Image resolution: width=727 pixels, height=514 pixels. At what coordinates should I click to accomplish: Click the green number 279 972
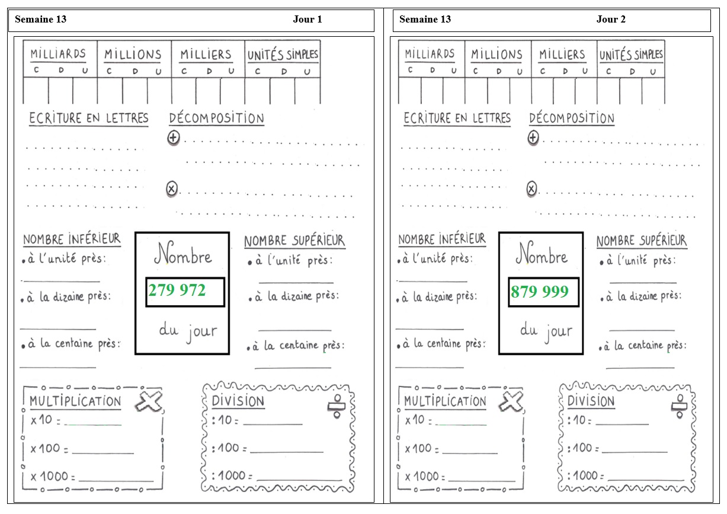point(177,290)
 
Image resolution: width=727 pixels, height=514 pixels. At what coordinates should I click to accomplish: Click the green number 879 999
point(540,291)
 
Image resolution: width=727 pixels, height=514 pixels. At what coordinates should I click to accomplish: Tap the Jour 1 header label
point(308,19)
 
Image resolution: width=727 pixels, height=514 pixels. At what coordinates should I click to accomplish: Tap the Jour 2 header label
point(611,19)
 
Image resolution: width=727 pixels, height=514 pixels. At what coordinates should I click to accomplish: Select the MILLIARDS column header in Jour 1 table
point(58,53)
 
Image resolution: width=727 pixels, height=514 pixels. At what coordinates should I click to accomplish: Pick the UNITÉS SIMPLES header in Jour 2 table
point(631,55)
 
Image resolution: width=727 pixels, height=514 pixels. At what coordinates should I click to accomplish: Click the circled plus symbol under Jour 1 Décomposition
point(174,138)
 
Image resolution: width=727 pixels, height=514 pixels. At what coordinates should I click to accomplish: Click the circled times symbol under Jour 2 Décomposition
point(531,189)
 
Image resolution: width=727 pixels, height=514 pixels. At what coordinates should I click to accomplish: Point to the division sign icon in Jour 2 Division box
point(679,406)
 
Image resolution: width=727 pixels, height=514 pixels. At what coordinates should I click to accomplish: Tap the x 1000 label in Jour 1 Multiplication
point(53,476)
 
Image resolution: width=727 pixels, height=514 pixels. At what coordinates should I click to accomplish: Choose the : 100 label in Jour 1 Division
point(229,448)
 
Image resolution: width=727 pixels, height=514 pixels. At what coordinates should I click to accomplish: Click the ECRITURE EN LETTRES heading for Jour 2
point(457,118)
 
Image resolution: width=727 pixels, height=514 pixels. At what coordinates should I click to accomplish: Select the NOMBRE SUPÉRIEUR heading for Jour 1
point(294,241)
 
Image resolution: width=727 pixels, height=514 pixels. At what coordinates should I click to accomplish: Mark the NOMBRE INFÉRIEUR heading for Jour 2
point(442,240)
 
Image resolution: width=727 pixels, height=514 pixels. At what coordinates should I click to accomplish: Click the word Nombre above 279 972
point(182,253)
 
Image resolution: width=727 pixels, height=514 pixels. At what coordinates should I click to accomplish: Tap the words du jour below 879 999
point(546,331)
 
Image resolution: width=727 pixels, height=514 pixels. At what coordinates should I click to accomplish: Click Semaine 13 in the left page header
point(40,19)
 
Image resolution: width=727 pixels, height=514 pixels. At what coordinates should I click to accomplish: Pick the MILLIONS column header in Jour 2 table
point(497,54)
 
